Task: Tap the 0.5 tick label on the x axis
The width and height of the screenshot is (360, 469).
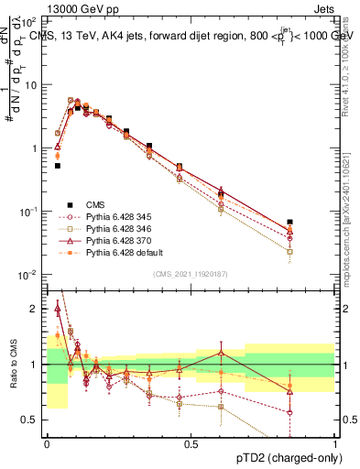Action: (x=191, y=443)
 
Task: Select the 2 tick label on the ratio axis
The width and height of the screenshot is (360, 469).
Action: (x=35, y=309)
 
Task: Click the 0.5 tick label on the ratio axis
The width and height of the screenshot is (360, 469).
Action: (x=30, y=420)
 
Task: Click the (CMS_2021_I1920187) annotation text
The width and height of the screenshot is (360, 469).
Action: (x=191, y=273)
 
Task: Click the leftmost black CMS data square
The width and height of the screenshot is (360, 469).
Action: (x=58, y=166)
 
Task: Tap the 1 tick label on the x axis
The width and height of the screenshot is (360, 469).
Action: (x=335, y=443)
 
